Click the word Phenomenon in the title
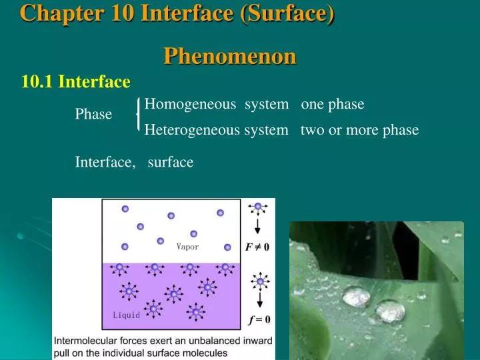point(230,57)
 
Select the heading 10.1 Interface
point(75,82)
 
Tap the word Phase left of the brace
point(93,115)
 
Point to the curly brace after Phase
point(138,115)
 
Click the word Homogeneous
point(190,104)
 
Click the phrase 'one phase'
point(333,104)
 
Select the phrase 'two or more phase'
point(359,130)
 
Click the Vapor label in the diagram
point(187,247)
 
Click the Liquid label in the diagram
point(126,315)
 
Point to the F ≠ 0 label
point(257,247)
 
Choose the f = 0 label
point(259,319)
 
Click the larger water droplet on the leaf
point(355,295)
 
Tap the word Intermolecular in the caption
point(87,341)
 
